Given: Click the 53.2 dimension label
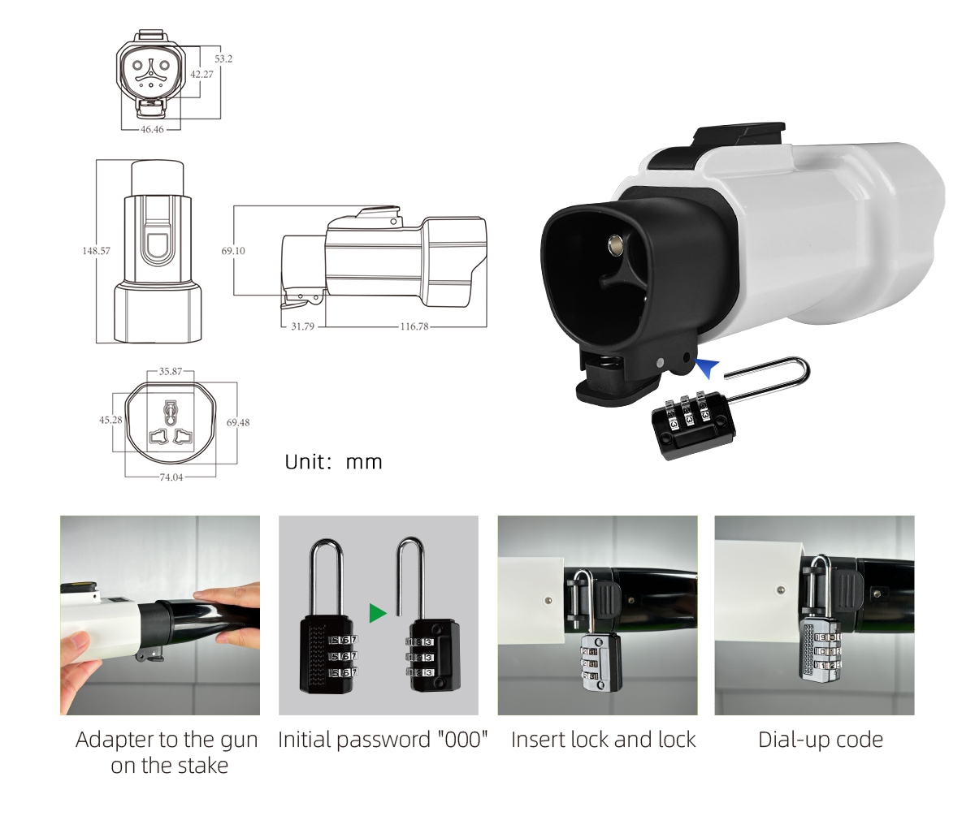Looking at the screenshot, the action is (x=223, y=58).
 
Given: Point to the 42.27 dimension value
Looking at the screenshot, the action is (x=201, y=74).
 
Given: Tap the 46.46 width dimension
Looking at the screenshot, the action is (x=152, y=129).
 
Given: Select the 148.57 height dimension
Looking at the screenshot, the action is (x=96, y=251).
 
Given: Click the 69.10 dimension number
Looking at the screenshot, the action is (x=233, y=251).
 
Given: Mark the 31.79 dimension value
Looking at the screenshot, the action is (x=302, y=326).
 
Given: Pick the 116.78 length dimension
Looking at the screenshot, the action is (x=414, y=326).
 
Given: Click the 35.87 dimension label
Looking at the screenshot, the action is (x=171, y=371).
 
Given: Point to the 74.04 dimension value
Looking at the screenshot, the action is (x=171, y=477).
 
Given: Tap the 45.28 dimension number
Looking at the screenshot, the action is (x=110, y=420).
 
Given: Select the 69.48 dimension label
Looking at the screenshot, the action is (x=238, y=423).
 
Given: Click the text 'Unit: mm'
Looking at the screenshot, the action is (x=333, y=462).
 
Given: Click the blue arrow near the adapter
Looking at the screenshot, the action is (x=707, y=368).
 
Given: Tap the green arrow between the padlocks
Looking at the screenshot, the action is (x=378, y=613).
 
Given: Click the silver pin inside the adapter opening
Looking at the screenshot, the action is (x=617, y=245).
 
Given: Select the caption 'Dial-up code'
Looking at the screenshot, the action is (x=821, y=740).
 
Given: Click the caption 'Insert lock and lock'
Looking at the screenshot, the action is (x=604, y=740).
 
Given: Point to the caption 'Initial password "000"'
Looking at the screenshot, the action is (x=383, y=740).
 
